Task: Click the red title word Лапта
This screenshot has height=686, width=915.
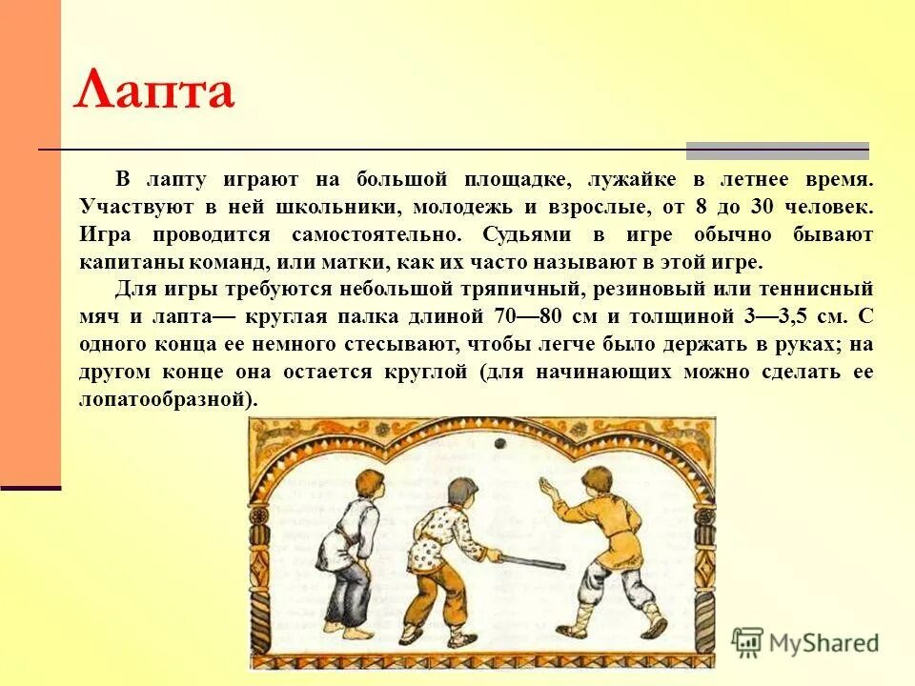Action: coord(153,91)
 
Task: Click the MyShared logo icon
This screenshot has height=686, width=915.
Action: coord(749,642)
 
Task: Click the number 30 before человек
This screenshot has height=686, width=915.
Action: coord(759,207)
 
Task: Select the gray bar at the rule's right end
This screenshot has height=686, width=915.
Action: coord(778,151)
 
